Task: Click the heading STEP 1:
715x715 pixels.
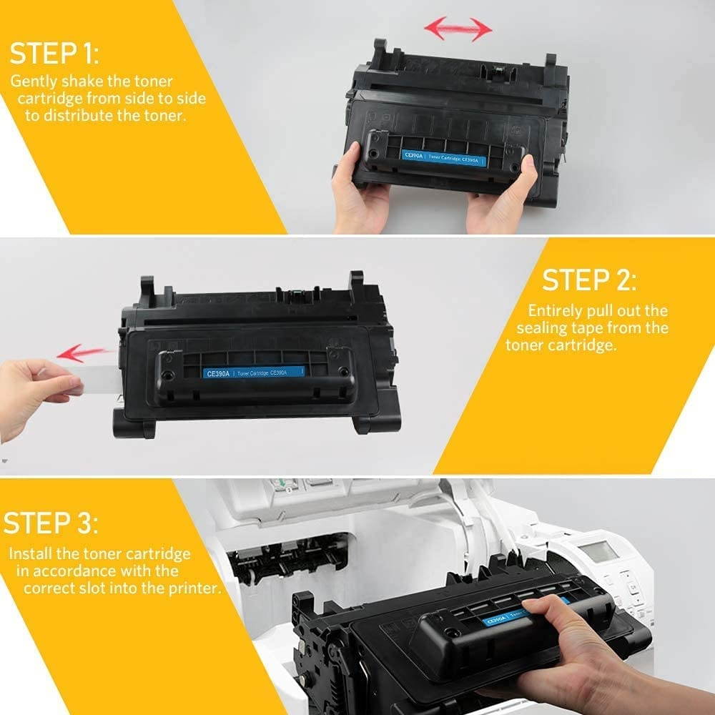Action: coord(54,54)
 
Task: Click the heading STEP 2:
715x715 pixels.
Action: coord(588,280)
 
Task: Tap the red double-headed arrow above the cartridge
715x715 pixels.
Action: coord(458,29)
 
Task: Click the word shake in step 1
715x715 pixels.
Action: coord(74,82)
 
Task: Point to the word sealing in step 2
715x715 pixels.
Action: coord(543,328)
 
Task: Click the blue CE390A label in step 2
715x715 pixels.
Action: coord(254,372)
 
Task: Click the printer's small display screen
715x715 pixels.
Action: coord(597,551)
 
